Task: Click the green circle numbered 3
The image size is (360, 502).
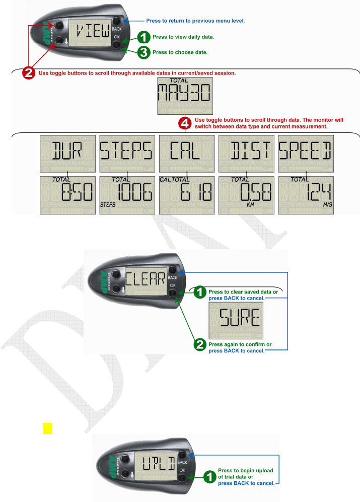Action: click(x=145, y=52)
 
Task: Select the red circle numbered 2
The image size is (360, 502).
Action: click(x=30, y=73)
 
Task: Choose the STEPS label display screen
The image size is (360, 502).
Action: click(x=126, y=151)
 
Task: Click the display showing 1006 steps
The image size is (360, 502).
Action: click(x=126, y=193)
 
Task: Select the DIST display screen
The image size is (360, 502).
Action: click(x=246, y=151)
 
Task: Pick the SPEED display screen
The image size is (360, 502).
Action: click(x=305, y=151)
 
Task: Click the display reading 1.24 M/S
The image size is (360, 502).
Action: click(x=305, y=193)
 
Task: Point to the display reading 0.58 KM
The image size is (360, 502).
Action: click(x=246, y=193)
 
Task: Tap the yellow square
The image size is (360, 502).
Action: click(x=47, y=428)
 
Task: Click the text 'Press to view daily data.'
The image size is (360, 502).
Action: click(x=183, y=37)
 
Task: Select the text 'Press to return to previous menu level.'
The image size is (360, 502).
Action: click(x=202, y=21)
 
